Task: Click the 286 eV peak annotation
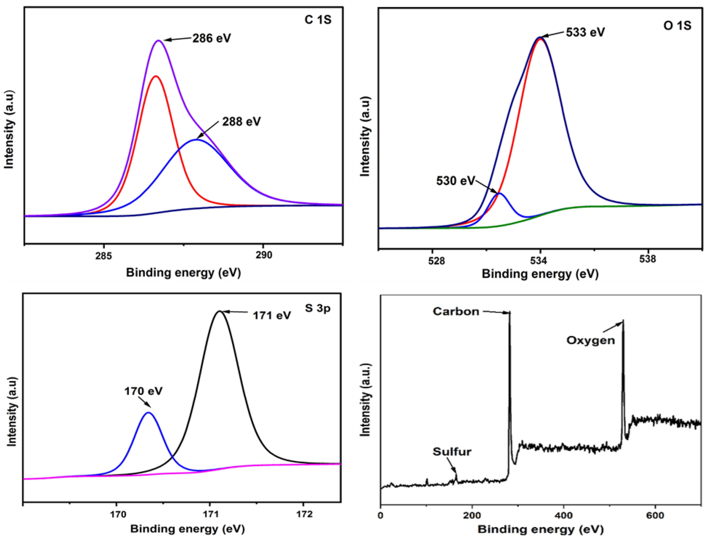(211, 38)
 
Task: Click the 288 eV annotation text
(241, 121)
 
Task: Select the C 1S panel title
(318, 20)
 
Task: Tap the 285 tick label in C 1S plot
(103, 255)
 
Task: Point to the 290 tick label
(264, 255)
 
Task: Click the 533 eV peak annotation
(585, 32)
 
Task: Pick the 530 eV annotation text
(455, 181)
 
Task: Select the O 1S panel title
(677, 26)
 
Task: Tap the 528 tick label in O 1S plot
(436, 261)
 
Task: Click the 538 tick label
(647, 259)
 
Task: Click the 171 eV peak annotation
(272, 316)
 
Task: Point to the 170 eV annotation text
(143, 391)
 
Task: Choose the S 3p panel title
(317, 308)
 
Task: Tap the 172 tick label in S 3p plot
(304, 514)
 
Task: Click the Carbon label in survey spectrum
(456, 311)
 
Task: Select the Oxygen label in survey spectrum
(590, 340)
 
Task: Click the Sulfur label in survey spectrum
(452, 452)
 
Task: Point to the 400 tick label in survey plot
(563, 515)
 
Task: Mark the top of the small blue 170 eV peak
(149, 413)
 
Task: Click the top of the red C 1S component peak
(156, 76)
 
